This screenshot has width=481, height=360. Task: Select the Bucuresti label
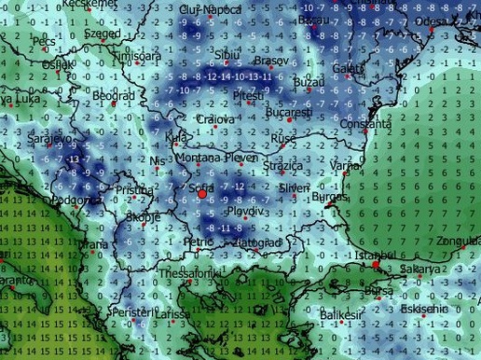coord(287,111)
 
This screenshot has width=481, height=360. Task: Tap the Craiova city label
coord(217,120)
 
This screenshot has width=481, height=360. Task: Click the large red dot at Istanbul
coord(376,265)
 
